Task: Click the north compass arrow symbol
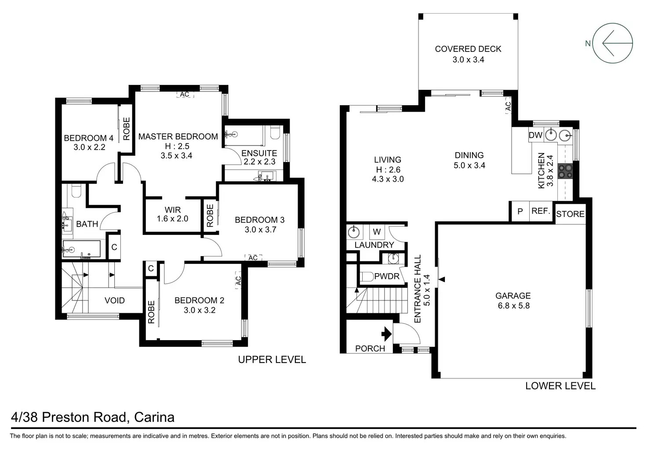click(x=613, y=43)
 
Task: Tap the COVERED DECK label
click(x=468, y=49)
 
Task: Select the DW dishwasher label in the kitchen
click(x=535, y=135)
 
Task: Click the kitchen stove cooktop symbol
click(x=565, y=171)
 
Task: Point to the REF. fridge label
click(x=541, y=211)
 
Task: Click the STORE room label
click(x=570, y=214)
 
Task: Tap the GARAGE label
click(x=513, y=296)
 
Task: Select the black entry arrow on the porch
click(x=386, y=334)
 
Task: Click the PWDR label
click(x=387, y=276)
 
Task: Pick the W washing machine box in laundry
click(x=377, y=231)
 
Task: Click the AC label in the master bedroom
click(x=185, y=95)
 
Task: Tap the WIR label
click(x=173, y=209)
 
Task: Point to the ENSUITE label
click(x=259, y=153)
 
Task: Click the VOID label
click(x=115, y=300)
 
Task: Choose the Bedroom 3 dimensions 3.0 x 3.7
click(x=260, y=230)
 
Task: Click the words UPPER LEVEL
click(x=272, y=359)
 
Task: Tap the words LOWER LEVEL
click(x=560, y=386)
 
